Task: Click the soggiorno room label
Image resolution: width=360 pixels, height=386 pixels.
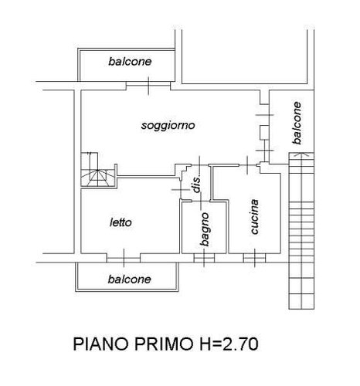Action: (168, 126)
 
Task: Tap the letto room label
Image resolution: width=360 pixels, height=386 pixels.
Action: (121, 222)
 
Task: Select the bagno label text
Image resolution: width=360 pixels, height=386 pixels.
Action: (205, 229)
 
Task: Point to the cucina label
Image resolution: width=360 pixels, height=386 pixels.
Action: (254, 217)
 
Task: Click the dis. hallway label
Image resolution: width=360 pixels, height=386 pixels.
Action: (197, 185)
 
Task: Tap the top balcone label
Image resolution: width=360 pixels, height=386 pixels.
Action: (130, 62)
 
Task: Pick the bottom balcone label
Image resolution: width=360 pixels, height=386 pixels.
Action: (130, 279)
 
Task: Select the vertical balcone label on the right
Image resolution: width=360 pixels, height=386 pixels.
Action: (297, 123)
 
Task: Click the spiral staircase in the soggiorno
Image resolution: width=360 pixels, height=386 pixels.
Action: (97, 170)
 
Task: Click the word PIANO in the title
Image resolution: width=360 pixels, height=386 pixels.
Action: (100, 344)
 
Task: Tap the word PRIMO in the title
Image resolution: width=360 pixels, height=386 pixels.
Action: (164, 344)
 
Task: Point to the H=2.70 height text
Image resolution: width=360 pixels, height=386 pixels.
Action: (229, 344)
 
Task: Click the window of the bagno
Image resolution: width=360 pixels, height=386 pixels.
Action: (204, 258)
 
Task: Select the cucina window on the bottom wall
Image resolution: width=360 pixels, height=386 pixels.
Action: (254, 258)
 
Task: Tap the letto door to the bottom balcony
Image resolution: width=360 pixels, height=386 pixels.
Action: (124, 258)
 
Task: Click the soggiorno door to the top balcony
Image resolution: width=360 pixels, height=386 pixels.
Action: (148, 86)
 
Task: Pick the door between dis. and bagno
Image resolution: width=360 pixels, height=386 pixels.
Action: (201, 201)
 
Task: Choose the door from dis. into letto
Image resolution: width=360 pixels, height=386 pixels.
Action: (181, 190)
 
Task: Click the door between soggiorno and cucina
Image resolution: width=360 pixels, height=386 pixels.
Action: (247, 165)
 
